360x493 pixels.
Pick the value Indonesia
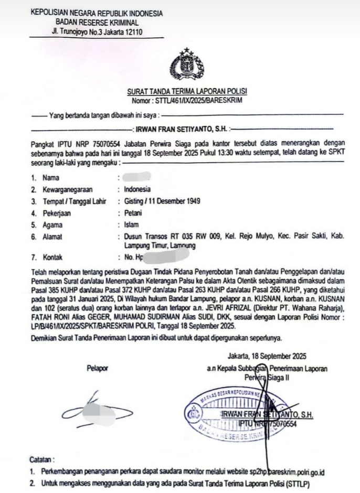(x=137, y=189)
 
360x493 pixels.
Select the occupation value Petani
(x=133, y=213)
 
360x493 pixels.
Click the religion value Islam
(x=131, y=225)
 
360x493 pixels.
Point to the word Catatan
(x=43, y=458)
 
